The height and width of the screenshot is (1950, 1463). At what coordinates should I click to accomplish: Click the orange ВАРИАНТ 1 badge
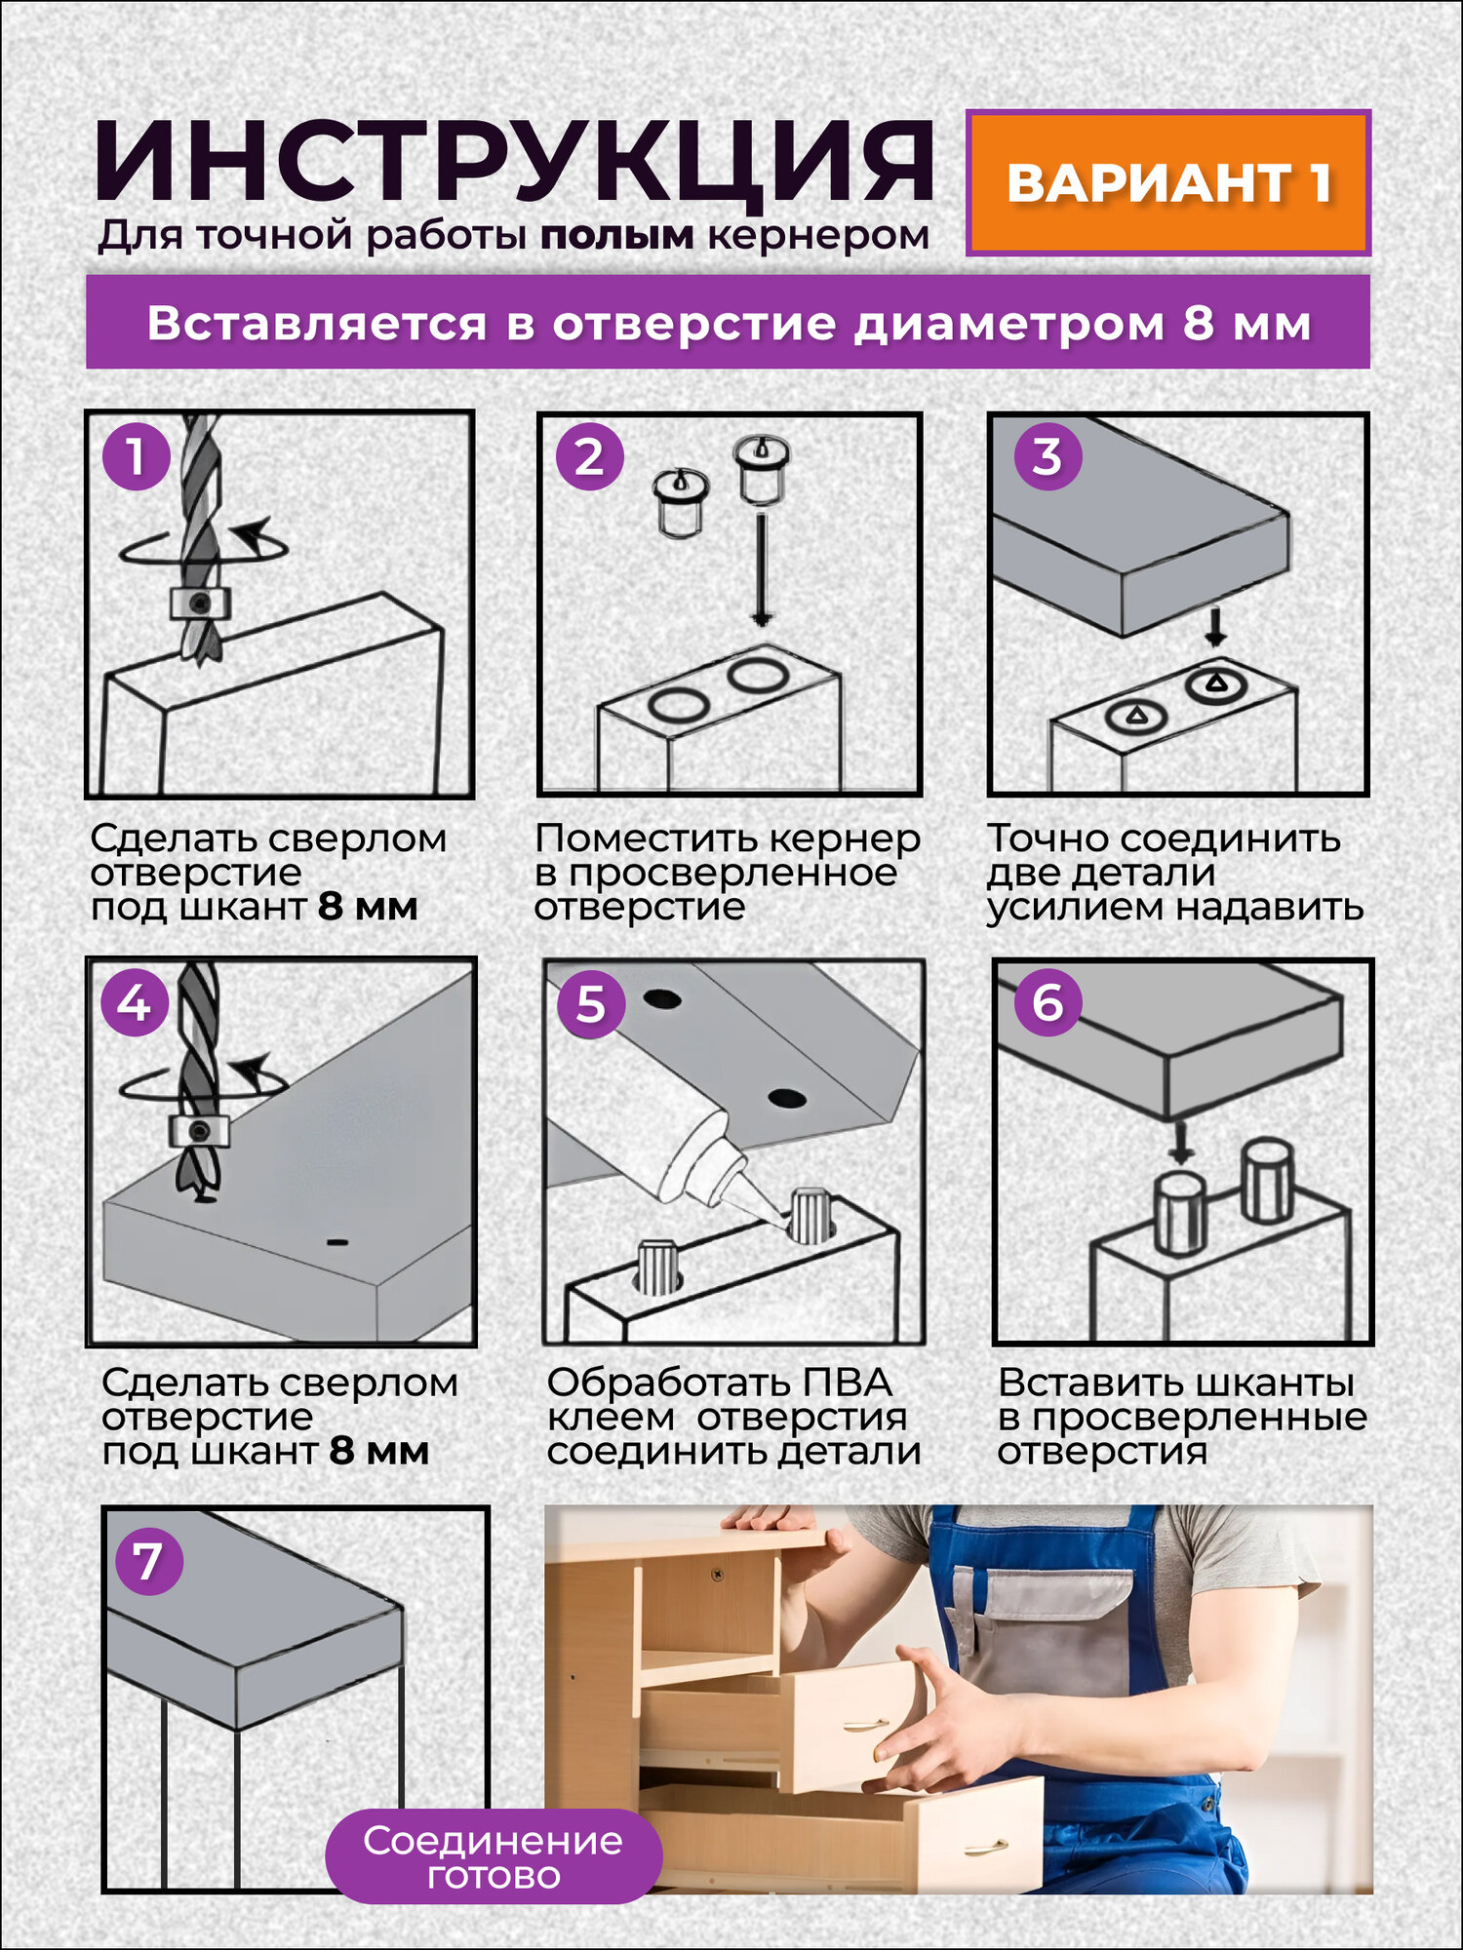pos(1167,182)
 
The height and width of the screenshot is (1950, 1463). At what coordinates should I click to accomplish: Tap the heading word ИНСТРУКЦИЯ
pos(514,162)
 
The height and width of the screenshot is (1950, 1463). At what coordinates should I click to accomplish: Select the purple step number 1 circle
pos(136,456)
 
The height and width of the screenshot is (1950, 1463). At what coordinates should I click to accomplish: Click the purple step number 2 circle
pos(589,456)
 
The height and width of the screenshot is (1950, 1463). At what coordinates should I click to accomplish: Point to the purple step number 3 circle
pos(1048,456)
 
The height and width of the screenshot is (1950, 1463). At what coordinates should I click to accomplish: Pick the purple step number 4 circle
pos(135,1002)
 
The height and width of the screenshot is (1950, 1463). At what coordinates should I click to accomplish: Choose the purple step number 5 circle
pos(590,1002)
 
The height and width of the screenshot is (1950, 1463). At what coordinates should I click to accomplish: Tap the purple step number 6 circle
pos(1048,1002)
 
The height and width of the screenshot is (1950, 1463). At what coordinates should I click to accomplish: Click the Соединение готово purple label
pos(494,1857)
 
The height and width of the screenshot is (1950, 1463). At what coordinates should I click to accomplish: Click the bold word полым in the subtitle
pos(617,235)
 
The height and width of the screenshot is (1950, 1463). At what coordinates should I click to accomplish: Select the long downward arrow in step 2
pos(762,570)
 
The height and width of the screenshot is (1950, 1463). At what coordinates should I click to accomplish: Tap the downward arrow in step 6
pos(1181,1142)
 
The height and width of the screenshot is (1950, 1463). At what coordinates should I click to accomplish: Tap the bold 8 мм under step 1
pos(368,907)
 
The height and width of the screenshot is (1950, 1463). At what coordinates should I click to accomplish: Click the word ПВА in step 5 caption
pos(847,1383)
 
